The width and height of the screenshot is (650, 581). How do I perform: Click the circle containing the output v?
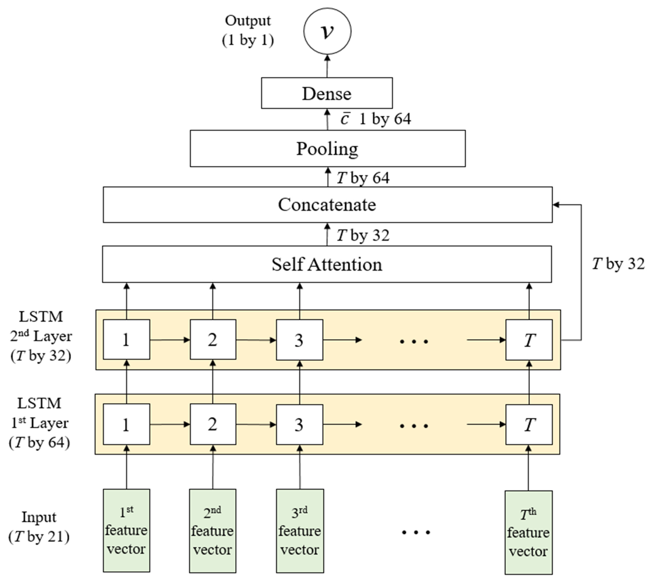(327, 31)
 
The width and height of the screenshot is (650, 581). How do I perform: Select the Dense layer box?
(327, 93)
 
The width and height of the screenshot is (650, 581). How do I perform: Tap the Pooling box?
(327, 148)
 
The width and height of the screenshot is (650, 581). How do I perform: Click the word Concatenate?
(327, 205)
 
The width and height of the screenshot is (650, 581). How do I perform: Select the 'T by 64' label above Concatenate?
(363, 178)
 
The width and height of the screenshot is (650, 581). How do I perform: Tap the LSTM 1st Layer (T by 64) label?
(39, 423)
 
